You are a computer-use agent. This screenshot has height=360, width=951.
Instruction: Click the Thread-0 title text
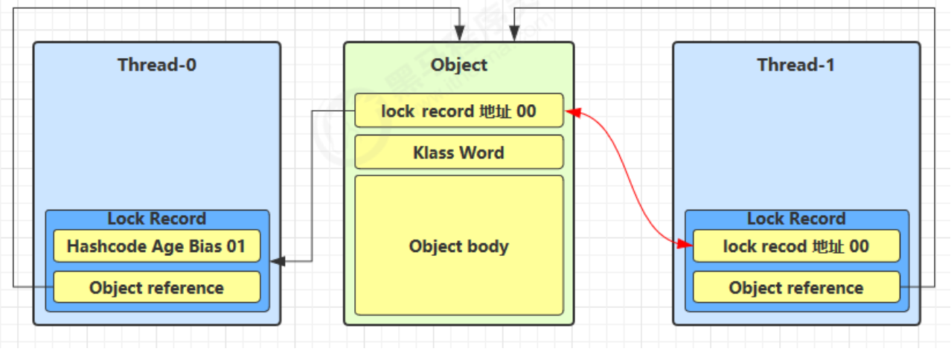tap(157, 65)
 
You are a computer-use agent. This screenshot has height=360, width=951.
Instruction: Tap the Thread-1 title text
tap(795, 65)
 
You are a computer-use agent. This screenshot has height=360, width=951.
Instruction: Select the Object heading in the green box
tap(458, 65)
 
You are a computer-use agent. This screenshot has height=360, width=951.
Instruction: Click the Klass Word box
tap(458, 152)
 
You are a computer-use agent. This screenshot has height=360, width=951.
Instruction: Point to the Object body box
tap(458, 245)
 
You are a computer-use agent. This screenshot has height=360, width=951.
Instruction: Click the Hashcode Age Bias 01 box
tap(156, 246)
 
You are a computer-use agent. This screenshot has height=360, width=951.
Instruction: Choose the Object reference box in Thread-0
tap(156, 287)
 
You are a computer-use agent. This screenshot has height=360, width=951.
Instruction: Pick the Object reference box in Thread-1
tap(796, 287)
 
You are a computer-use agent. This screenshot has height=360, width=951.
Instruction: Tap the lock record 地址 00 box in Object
tap(458, 111)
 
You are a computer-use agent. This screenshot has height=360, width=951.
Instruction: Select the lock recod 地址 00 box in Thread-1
tap(796, 246)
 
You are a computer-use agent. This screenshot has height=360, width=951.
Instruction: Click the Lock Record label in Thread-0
tap(156, 219)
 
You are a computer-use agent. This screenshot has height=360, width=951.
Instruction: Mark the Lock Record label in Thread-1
tap(796, 219)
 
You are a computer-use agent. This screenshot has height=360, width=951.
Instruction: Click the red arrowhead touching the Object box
tap(572, 112)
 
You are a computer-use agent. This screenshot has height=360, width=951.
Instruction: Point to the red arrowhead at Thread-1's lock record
tap(685, 243)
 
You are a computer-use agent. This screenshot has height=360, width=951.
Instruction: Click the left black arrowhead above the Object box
tap(460, 33)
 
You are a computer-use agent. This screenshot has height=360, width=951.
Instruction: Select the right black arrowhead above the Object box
tap(513, 33)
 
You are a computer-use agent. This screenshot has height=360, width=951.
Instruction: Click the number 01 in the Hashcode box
tap(235, 246)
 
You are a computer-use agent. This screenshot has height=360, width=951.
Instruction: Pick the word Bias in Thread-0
tap(206, 246)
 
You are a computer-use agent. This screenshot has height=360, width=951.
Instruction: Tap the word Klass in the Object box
tap(434, 152)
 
